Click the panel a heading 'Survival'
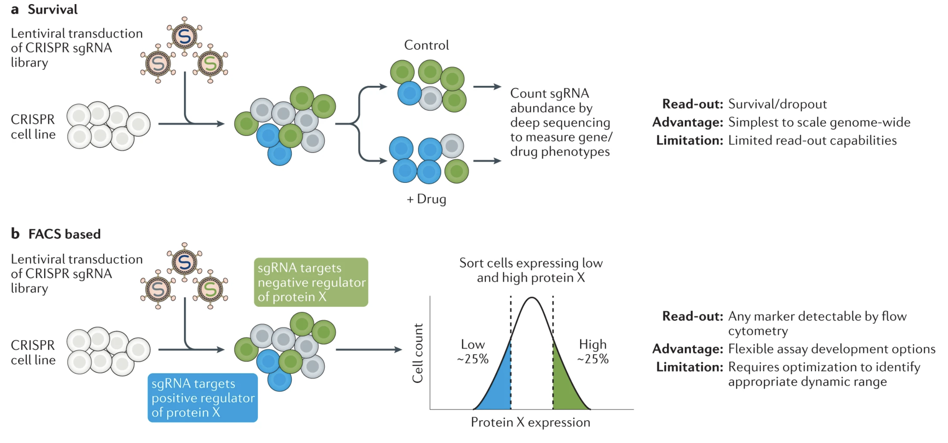(52, 10)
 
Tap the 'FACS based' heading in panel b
(64, 234)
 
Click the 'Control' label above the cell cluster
(426, 45)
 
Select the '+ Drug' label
(426, 199)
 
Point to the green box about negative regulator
(311, 282)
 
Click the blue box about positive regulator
(203, 398)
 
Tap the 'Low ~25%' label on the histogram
(473, 352)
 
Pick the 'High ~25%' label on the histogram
(592, 352)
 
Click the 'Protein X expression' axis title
(530, 423)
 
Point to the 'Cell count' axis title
(418, 353)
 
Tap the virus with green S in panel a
(210, 64)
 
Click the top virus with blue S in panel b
(184, 262)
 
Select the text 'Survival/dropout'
(777, 104)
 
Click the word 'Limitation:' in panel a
(689, 140)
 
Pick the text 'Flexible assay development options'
(831, 349)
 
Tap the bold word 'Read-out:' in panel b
(693, 316)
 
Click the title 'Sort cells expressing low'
(531, 263)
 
